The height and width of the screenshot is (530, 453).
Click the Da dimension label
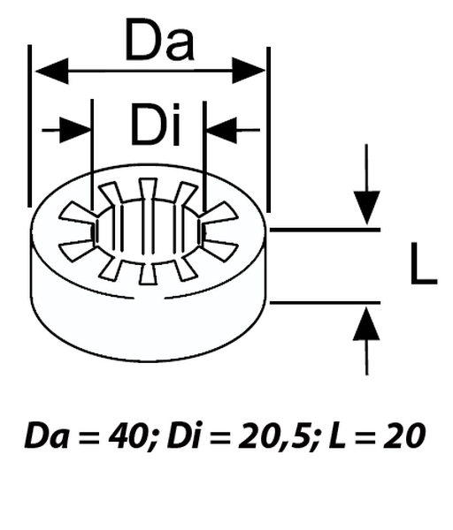coord(159,41)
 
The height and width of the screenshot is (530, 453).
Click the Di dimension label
coord(155,125)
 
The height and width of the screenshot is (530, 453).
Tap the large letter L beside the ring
coord(423,264)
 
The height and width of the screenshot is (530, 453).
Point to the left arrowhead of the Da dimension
coord(49,70)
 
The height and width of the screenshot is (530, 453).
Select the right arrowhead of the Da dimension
coord(249,70)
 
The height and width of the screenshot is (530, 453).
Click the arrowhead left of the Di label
coord(79,130)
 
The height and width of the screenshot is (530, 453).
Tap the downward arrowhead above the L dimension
coord(366,208)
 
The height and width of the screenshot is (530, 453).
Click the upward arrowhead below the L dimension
coord(366,324)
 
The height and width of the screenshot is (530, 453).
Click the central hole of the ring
coord(148,231)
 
